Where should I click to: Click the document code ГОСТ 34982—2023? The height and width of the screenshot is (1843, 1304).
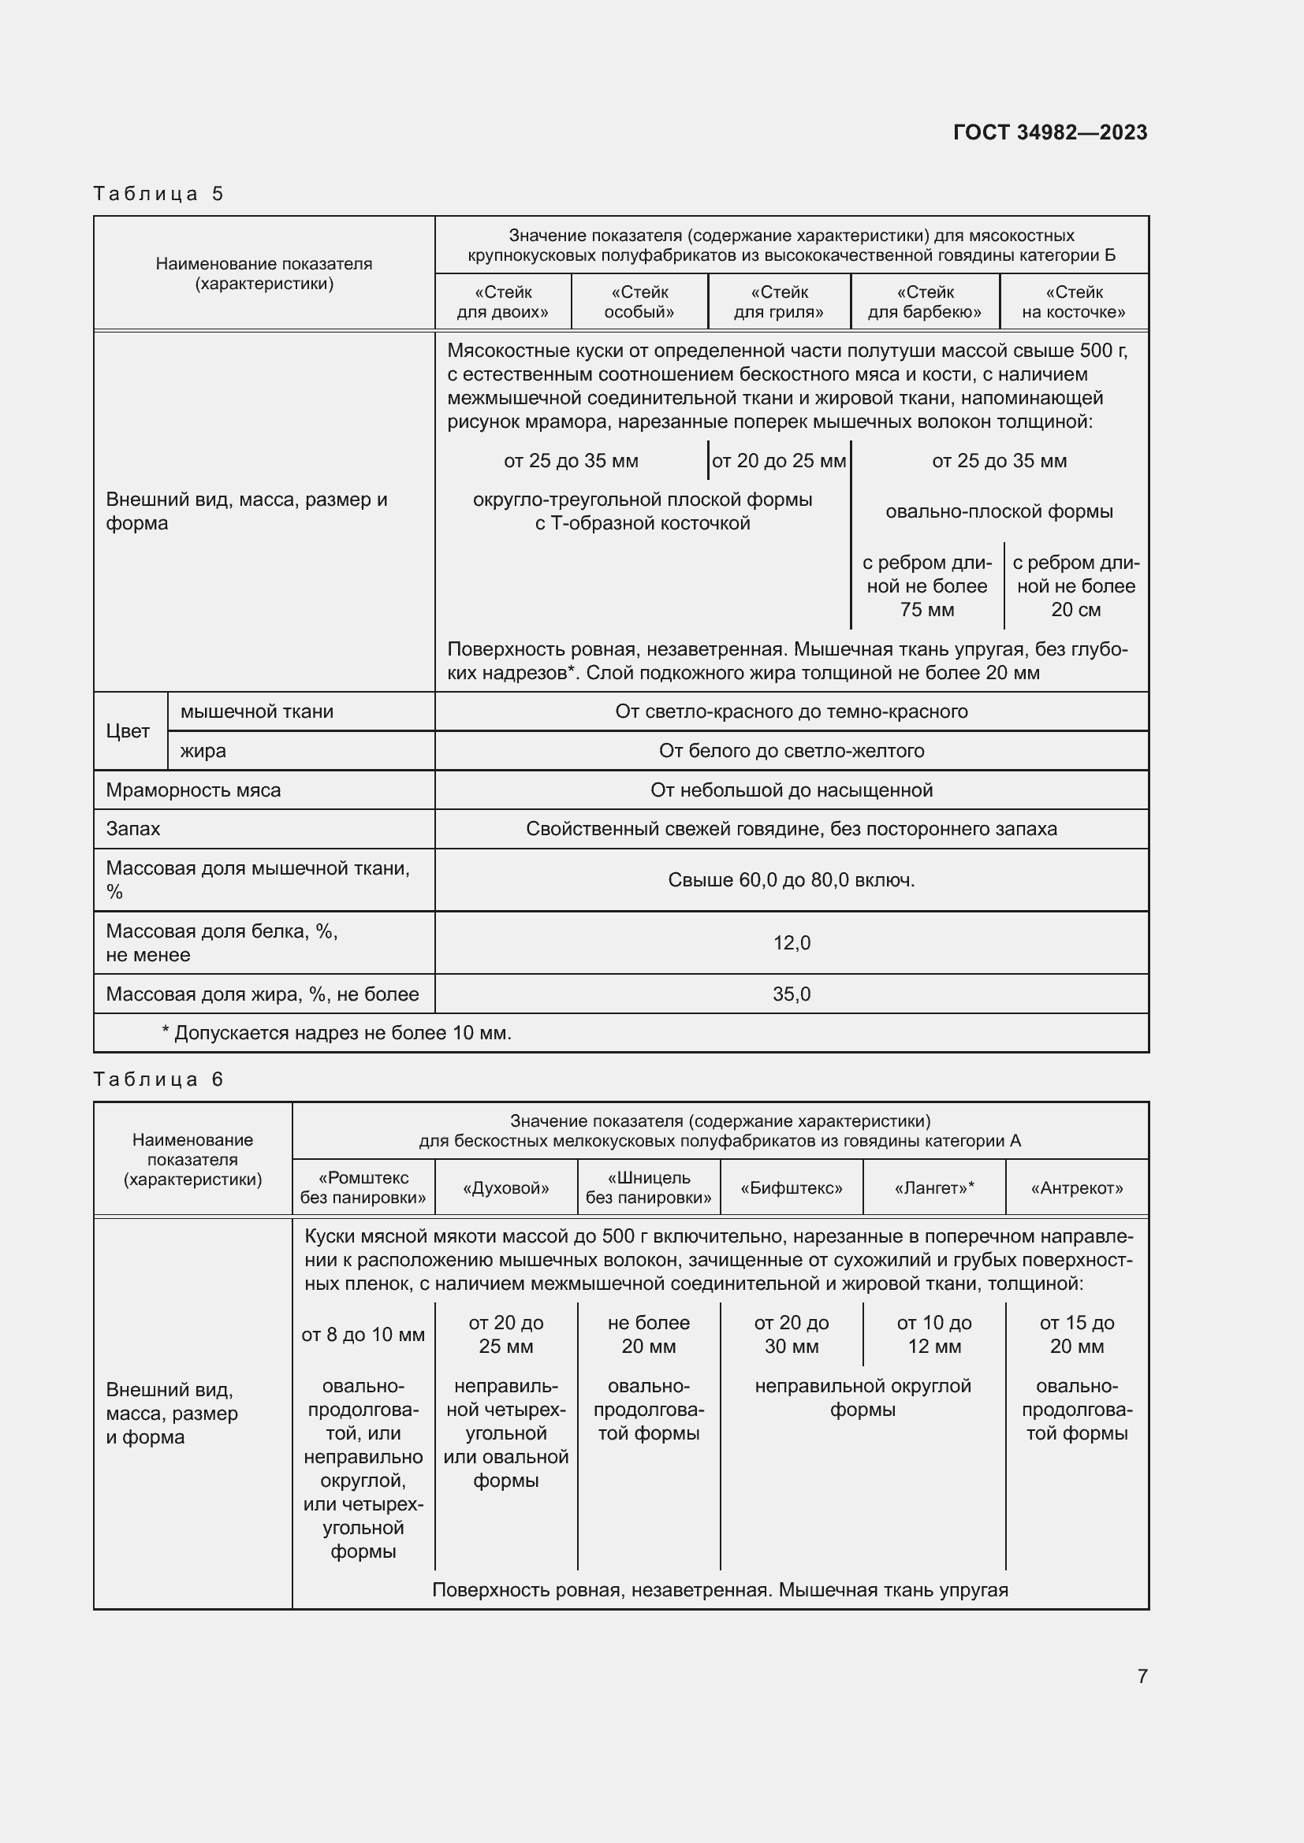pos(1049,132)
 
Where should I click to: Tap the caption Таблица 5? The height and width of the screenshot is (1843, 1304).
pos(158,194)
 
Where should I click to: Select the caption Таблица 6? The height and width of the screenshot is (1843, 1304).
pos(158,1079)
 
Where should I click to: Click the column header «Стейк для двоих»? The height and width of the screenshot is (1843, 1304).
pos(503,302)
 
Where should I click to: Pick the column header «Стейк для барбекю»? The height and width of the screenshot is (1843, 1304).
pos(924,302)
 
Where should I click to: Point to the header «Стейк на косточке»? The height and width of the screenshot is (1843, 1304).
pos(1074,302)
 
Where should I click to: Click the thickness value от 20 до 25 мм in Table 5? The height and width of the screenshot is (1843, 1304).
pos(778,461)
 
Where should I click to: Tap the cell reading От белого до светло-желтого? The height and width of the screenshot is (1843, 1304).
pos(791,751)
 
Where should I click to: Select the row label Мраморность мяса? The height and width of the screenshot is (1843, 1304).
pos(193,790)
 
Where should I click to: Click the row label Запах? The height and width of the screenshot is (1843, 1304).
pos(133,828)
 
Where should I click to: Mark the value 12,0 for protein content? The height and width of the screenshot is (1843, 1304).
pos(791,942)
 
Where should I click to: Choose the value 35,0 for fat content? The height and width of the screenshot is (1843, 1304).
pos(791,994)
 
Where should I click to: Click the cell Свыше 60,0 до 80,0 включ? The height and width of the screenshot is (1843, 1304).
pos(791,880)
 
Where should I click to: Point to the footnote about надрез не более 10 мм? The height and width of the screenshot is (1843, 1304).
pos(337,1032)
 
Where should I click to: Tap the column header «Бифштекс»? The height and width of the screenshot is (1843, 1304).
pos(791,1188)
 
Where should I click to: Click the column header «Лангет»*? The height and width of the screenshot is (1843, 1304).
pos(933,1188)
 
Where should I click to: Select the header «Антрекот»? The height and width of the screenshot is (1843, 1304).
pos(1077,1188)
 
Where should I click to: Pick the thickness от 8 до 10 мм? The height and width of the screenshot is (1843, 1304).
pos(363,1334)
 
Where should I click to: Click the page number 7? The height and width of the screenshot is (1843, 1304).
pos(1142,1676)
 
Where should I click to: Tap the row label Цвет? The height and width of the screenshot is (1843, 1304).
pos(128,730)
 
